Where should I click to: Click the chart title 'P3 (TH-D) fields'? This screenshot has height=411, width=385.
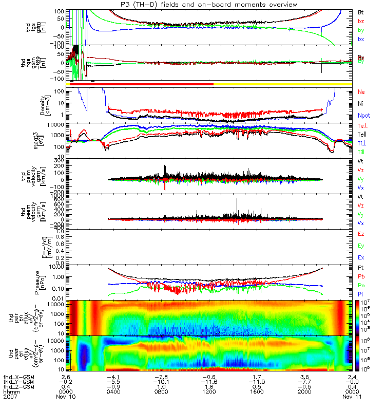(x=170, y=4)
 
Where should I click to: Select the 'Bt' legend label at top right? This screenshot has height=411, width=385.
(x=361, y=11)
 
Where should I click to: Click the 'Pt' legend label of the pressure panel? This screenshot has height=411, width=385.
(x=361, y=268)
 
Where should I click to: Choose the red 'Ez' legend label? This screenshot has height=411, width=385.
(x=361, y=234)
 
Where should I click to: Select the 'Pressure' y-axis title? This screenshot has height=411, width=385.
(x=47, y=281)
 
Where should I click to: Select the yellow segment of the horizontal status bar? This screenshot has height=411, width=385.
(x=282, y=84)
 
